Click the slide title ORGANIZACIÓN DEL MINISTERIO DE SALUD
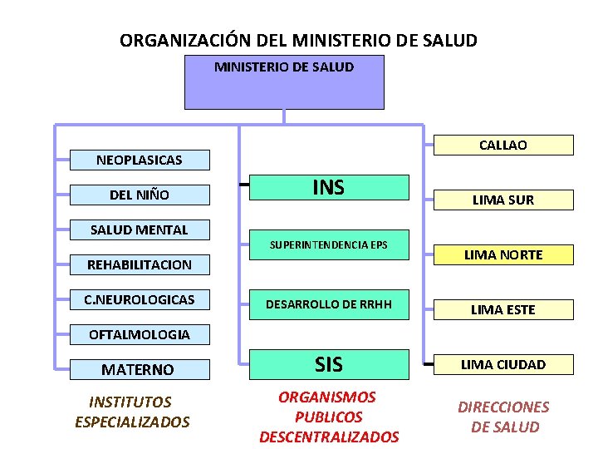click(298, 40)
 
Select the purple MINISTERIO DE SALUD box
click(284, 82)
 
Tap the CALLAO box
click(503, 145)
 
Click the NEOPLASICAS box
click(139, 159)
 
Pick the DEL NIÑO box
click(139, 195)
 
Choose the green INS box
click(329, 187)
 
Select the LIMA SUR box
click(503, 200)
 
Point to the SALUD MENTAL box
click(139, 229)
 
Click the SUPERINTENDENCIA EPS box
click(329, 245)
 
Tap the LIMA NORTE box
click(503, 254)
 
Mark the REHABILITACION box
click(139, 264)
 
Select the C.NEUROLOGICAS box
click(139, 299)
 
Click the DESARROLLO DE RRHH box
click(329, 304)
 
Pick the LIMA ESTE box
click(503, 309)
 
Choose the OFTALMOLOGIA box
click(139, 334)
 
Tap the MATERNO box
click(139, 368)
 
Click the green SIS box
click(329, 363)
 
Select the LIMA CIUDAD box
click(503, 364)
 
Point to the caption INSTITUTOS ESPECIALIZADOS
click(132, 412)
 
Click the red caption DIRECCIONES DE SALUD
click(504, 417)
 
